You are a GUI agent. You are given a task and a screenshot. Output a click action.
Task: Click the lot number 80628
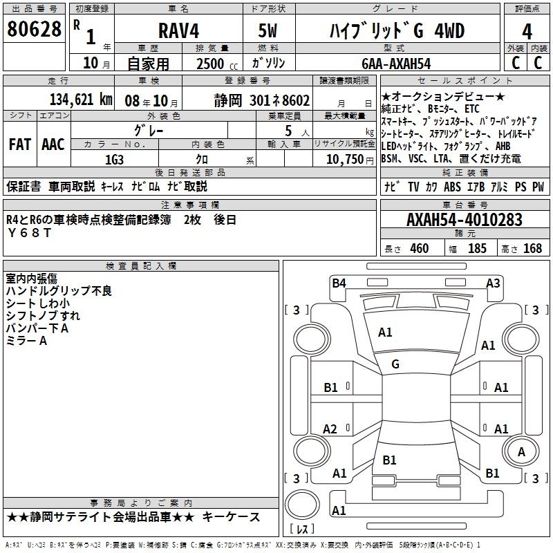coord(34,28)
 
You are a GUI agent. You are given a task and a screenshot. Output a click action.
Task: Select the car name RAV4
coord(179,30)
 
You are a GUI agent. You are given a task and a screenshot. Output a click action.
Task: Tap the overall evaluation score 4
coord(527,32)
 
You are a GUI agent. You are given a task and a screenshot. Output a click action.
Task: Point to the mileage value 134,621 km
coord(81,100)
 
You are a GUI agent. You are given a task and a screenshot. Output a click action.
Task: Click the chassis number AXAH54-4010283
coord(465,220)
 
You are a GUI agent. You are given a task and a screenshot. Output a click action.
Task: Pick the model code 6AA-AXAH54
coord(396,64)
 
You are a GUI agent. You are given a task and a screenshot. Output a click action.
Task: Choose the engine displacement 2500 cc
coord(217,64)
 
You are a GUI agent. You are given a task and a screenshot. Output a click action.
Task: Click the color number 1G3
coord(114,160)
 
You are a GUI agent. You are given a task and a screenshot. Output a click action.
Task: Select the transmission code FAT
coord(20,144)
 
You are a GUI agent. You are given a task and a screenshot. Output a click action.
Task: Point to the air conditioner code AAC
coord(53,144)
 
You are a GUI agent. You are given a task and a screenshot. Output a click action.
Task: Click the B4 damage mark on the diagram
coord(339,283)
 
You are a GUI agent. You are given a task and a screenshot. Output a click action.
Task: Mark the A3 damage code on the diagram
coord(493,283)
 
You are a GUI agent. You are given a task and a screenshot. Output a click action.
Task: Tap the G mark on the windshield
coord(395,364)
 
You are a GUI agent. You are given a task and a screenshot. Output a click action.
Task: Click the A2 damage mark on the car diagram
coord(330,429)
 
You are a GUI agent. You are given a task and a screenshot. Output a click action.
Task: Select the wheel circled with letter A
coord(521,451)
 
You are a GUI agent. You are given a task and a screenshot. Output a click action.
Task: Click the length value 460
coord(420,248)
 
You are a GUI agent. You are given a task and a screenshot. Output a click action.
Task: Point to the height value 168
coord(532,248)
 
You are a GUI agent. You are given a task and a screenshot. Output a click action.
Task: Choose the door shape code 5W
coord(268,30)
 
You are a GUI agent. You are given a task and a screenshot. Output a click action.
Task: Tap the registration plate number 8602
coord(296,100)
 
